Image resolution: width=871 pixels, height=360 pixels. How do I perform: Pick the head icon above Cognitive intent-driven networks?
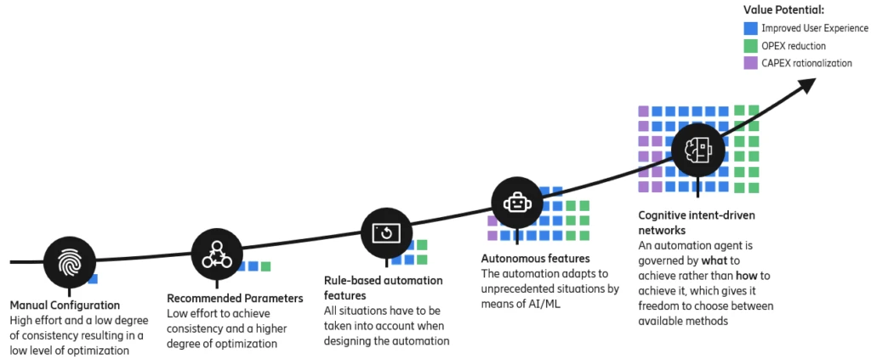point(697,150)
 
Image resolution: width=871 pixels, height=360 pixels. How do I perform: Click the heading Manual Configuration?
point(65,305)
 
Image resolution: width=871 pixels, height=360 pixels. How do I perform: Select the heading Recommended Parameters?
point(235,298)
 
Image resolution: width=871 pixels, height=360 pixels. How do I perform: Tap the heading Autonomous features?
point(536,258)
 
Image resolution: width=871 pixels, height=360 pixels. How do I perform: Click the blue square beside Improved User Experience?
point(749,28)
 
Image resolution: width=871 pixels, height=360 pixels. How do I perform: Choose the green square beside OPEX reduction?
point(749,45)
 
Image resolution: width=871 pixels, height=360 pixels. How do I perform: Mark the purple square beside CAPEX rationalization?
point(749,62)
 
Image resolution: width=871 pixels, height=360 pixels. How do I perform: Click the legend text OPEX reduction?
point(794,45)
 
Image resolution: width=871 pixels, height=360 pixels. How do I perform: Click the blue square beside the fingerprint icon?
point(93,278)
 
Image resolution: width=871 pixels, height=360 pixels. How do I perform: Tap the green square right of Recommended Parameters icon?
point(265,266)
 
